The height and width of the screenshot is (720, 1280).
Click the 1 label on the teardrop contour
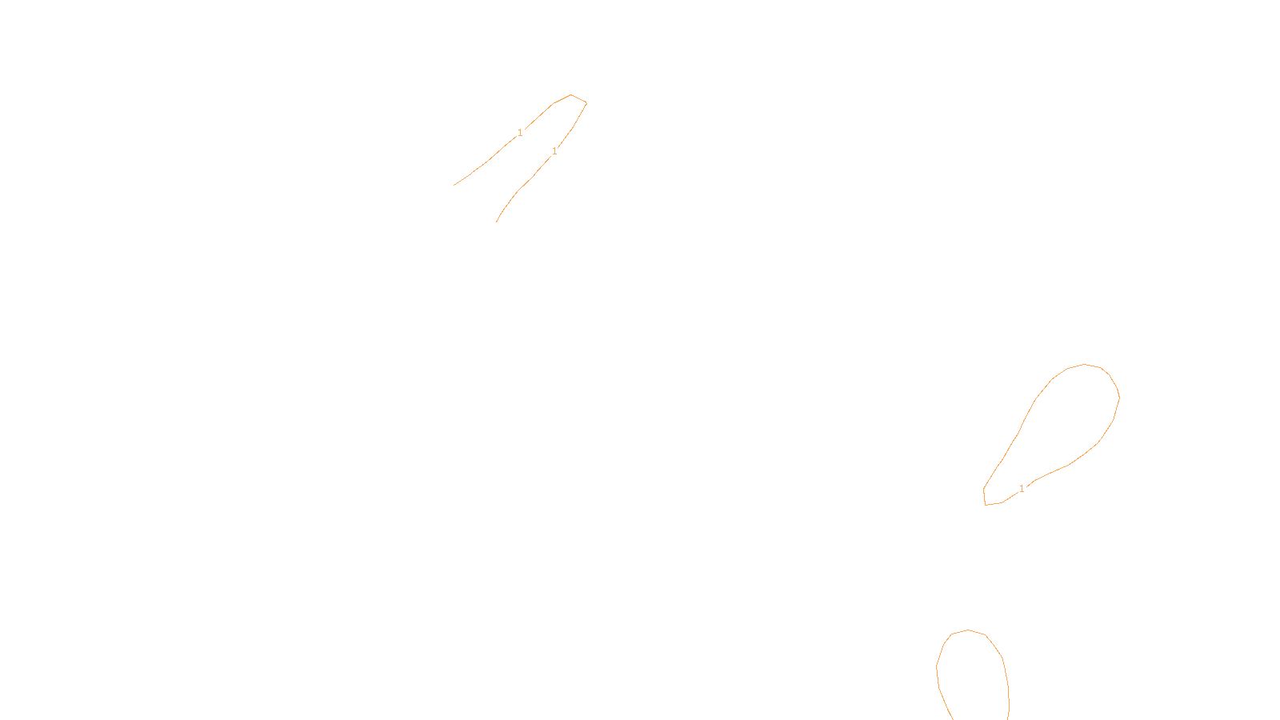(1022, 489)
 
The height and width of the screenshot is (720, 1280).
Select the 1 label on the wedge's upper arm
(520, 133)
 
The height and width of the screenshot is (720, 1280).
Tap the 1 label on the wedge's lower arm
(554, 151)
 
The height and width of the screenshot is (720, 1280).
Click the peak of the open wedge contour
(571, 95)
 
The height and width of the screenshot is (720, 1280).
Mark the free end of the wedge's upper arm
(454, 186)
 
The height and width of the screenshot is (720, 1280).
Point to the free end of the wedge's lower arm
(496, 222)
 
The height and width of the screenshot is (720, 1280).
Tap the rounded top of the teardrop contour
(1085, 365)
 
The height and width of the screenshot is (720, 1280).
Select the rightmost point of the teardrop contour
(1119, 396)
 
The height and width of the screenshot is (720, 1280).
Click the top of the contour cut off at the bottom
(969, 630)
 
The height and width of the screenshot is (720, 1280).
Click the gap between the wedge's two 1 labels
(538, 142)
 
